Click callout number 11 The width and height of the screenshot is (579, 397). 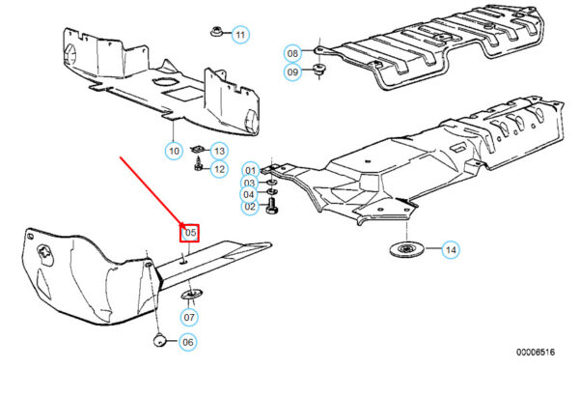pos(240,35)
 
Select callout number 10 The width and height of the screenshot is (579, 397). pos(174,150)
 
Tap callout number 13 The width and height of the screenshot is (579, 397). pos(219,151)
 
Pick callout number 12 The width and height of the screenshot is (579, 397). pos(219,169)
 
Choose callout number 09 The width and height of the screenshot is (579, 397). pos(292,71)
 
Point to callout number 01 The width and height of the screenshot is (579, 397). pos(249,170)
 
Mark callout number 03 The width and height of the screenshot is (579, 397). pos(249,183)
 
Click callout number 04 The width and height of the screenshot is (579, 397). pos(249,194)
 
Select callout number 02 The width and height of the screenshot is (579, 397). pos(249,207)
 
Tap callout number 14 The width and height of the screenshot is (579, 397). pos(451,251)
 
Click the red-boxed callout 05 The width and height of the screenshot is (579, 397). pos(189,232)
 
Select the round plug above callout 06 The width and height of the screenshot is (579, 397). pos(161,339)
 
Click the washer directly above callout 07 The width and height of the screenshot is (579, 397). pos(190,294)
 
